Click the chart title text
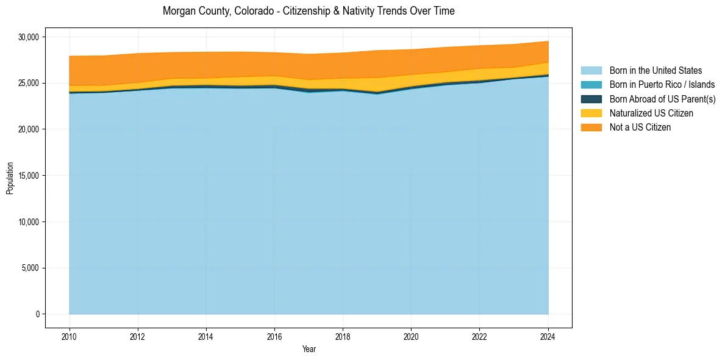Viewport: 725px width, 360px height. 309,11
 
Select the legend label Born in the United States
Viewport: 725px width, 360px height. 655,71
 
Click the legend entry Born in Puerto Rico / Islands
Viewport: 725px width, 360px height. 662,85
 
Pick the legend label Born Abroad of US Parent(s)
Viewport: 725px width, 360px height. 662,99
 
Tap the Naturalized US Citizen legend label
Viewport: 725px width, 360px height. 651,113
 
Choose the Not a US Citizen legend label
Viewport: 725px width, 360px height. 640,128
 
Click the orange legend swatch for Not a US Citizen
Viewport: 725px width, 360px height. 591,128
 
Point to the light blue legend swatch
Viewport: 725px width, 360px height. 591,71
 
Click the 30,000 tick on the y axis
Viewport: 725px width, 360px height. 28,37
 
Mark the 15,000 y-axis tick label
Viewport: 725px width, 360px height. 28,176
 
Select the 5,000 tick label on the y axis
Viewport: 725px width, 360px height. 30,268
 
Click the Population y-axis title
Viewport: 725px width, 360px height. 10,178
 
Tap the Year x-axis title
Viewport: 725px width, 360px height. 309,350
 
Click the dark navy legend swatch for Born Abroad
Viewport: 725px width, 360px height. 591,99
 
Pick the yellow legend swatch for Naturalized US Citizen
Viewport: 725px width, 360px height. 591,113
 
